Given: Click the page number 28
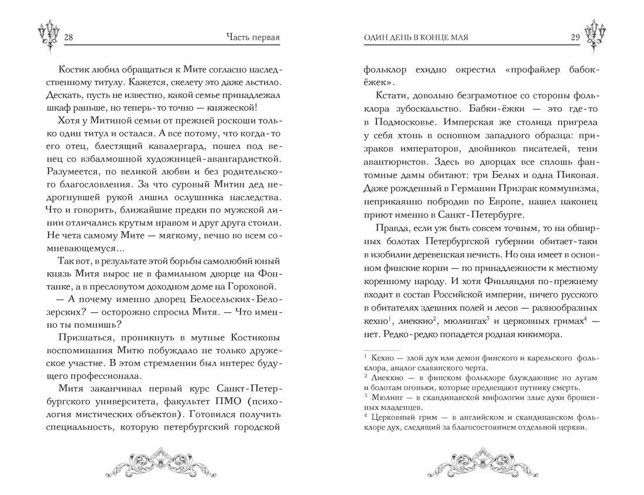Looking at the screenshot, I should coord(68,38).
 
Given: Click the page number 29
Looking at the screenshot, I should coord(575,38).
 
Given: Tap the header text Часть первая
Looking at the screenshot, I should coord(252,38).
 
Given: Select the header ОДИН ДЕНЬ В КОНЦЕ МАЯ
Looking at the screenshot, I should coord(416,38).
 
